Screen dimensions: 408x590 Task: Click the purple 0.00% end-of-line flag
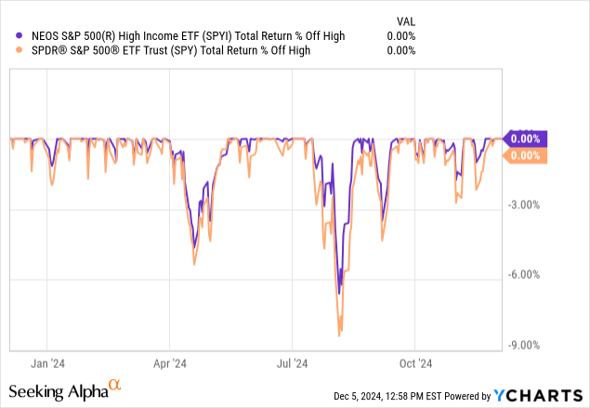pyautogui.click(x=524, y=138)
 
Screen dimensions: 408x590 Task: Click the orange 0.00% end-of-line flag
pyautogui.click(x=524, y=156)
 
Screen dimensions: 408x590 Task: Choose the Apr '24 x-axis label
pyautogui.click(x=169, y=364)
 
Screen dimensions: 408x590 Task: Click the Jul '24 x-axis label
pyautogui.click(x=293, y=364)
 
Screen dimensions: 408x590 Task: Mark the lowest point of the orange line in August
pyautogui.click(x=341, y=332)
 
